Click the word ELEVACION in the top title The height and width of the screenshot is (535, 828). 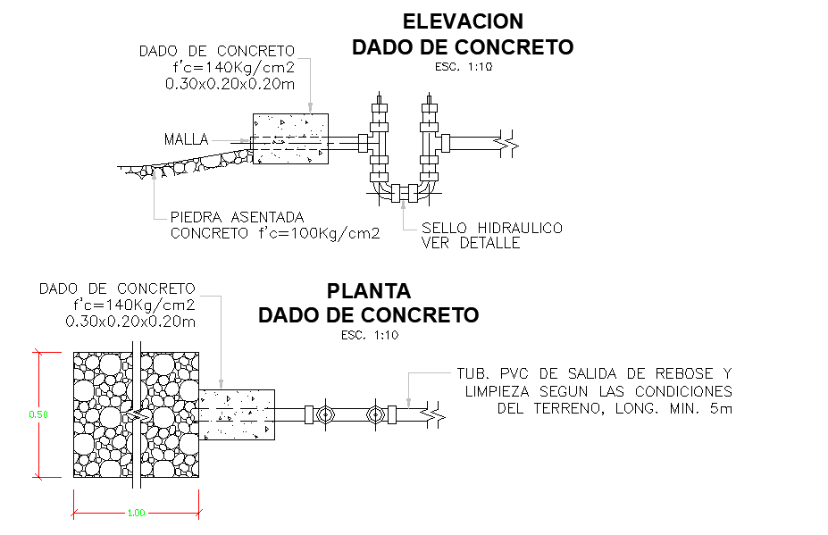click(x=463, y=21)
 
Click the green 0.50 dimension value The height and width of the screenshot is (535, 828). click(x=38, y=414)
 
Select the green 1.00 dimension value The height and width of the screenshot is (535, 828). click(x=137, y=513)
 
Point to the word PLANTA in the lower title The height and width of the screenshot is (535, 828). click(x=369, y=291)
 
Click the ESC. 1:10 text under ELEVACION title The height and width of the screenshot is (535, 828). click(x=464, y=67)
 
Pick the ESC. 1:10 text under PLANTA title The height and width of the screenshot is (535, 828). click(x=370, y=335)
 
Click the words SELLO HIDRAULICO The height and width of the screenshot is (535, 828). click(x=492, y=228)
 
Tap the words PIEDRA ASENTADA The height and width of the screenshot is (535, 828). click(x=237, y=217)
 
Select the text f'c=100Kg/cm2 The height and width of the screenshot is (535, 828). click(x=319, y=233)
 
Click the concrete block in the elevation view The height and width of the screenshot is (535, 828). click(x=290, y=139)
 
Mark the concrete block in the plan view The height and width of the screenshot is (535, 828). click(x=237, y=414)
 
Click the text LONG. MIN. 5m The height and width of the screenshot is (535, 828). click(x=673, y=408)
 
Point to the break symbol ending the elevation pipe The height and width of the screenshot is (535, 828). click(x=507, y=144)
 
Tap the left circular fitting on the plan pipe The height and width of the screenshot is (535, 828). click(x=324, y=414)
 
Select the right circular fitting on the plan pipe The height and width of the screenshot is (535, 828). click(x=375, y=414)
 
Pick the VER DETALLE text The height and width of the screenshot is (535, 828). click(x=471, y=243)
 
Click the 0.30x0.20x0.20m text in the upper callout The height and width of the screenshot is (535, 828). click(x=230, y=84)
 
